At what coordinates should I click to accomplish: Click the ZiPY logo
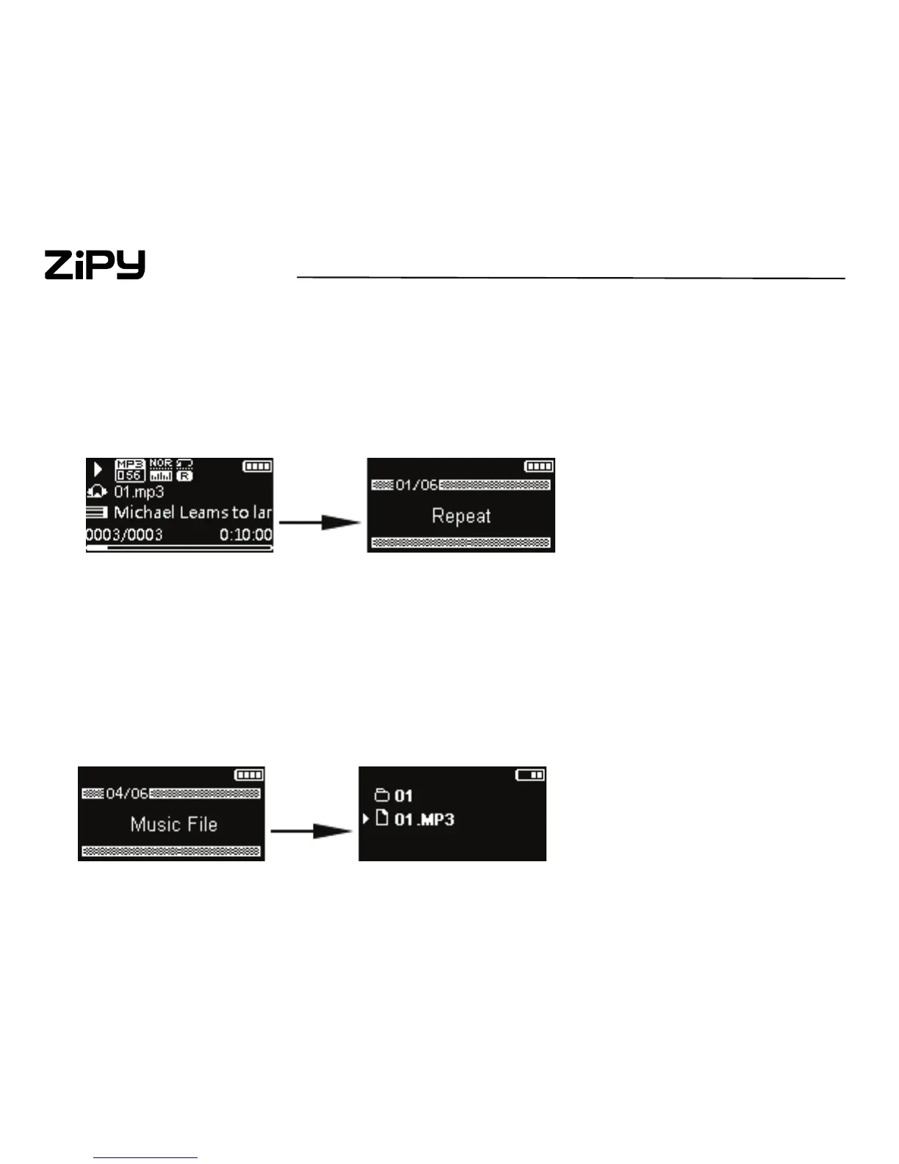95,265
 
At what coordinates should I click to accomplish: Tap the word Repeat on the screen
461,516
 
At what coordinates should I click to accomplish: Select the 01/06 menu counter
416,485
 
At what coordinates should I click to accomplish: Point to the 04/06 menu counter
127,794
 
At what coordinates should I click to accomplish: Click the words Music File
173,824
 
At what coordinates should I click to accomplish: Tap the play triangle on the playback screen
98,469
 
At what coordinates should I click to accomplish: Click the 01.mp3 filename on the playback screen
139,492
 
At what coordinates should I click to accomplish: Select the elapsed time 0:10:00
245,535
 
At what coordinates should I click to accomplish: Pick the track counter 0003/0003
124,535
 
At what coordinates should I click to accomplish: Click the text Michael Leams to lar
192,512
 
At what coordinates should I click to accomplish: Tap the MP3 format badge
130,464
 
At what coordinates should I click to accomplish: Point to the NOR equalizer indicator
161,464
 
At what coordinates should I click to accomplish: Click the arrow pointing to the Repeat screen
320,523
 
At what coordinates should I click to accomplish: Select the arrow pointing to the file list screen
311,831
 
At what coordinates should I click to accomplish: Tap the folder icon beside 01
381,795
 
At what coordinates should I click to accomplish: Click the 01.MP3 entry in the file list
424,819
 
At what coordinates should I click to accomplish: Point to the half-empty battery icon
530,775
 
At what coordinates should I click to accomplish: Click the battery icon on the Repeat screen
539,466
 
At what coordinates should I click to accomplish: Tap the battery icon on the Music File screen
249,775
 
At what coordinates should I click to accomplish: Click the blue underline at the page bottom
145,1157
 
